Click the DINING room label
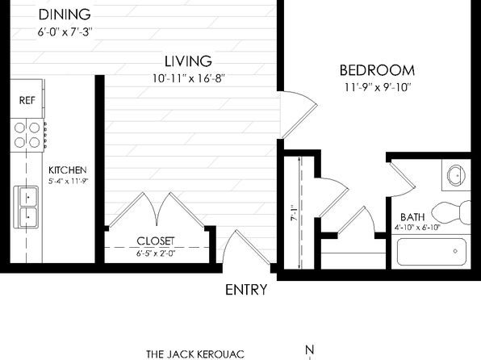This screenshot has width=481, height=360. tap(65, 15)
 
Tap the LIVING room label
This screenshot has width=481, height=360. tap(188, 61)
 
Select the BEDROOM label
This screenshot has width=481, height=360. tap(377, 70)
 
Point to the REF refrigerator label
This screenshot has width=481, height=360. tap(27, 100)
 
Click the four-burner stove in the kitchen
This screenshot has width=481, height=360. tap(27, 135)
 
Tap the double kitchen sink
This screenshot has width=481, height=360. tap(26, 207)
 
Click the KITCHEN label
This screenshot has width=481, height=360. tap(68, 170)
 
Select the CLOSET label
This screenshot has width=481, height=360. tap(156, 241)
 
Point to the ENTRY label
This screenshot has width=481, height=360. tap(246, 290)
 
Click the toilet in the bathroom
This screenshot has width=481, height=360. tap(451, 212)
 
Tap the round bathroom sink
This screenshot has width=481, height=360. tap(458, 175)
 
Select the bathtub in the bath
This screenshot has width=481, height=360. tap(432, 252)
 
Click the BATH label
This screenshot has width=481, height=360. tap(412, 217)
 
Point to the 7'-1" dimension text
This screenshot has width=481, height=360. tap(294, 213)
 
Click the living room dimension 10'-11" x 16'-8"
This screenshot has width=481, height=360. tap(189, 78)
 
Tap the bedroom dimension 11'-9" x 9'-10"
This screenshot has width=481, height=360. tap(378, 87)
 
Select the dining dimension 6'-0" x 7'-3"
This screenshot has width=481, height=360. tap(65, 32)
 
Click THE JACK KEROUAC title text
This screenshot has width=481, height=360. tap(195, 354)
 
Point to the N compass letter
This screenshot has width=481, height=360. tap(310, 350)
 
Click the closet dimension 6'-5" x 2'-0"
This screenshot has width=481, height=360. tap(156, 253)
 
